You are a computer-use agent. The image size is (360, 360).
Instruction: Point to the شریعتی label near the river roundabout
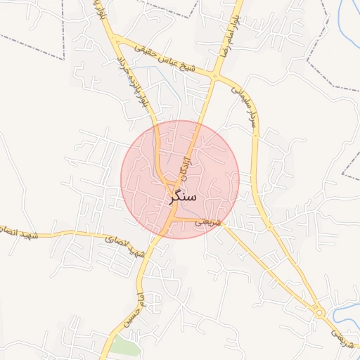[x=342, y=338]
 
